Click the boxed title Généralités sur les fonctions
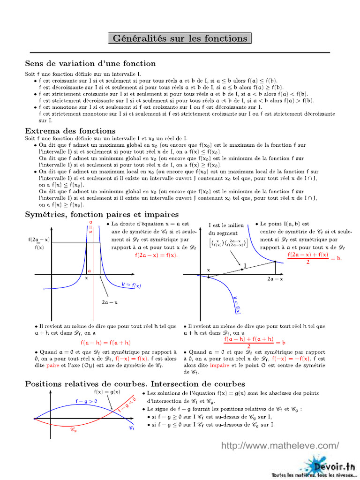click(x=180, y=38)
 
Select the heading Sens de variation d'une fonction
click(x=90, y=63)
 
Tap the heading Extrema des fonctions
click(x=70, y=131)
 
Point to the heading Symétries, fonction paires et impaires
click(x=102, y=214)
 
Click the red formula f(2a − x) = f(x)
click(x=156, y=255)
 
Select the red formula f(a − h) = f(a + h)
click(x=105, y=343)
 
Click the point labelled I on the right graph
click(x=241, y=269)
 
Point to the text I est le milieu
click(x=226, y=225)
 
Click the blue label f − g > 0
click(x=87, y=401)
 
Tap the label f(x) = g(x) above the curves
click(x=107, y=392)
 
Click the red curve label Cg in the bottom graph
click(x=74, y=429)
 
